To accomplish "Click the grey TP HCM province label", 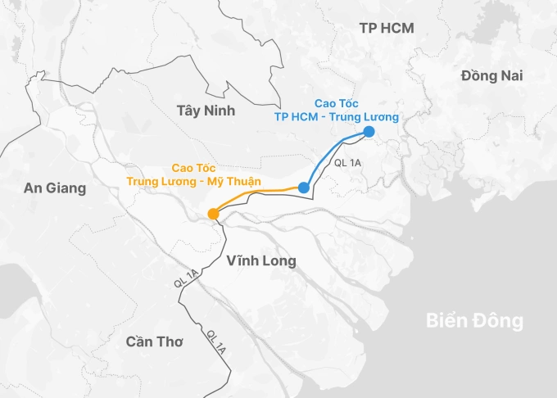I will tap(387, 29).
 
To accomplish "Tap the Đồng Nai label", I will tap(491, 75).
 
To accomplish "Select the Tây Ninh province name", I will tap(206, 110).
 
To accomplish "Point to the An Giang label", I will tap(55, 188).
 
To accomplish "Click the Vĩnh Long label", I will tap(260, 260).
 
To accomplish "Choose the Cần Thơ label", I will tap(155, 341).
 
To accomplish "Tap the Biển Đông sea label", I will tap(474, 320).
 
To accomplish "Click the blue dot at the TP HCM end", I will tap(369, 132).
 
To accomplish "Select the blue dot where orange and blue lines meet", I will tap(304, 188).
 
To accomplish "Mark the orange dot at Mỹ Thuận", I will tap(213, 215).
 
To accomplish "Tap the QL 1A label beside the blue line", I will tap(348, 164).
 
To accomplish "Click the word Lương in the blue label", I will tap(380, 117).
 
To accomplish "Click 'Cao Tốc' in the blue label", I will tap(336, 103).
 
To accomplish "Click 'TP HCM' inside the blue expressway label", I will tap(297, 117).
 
